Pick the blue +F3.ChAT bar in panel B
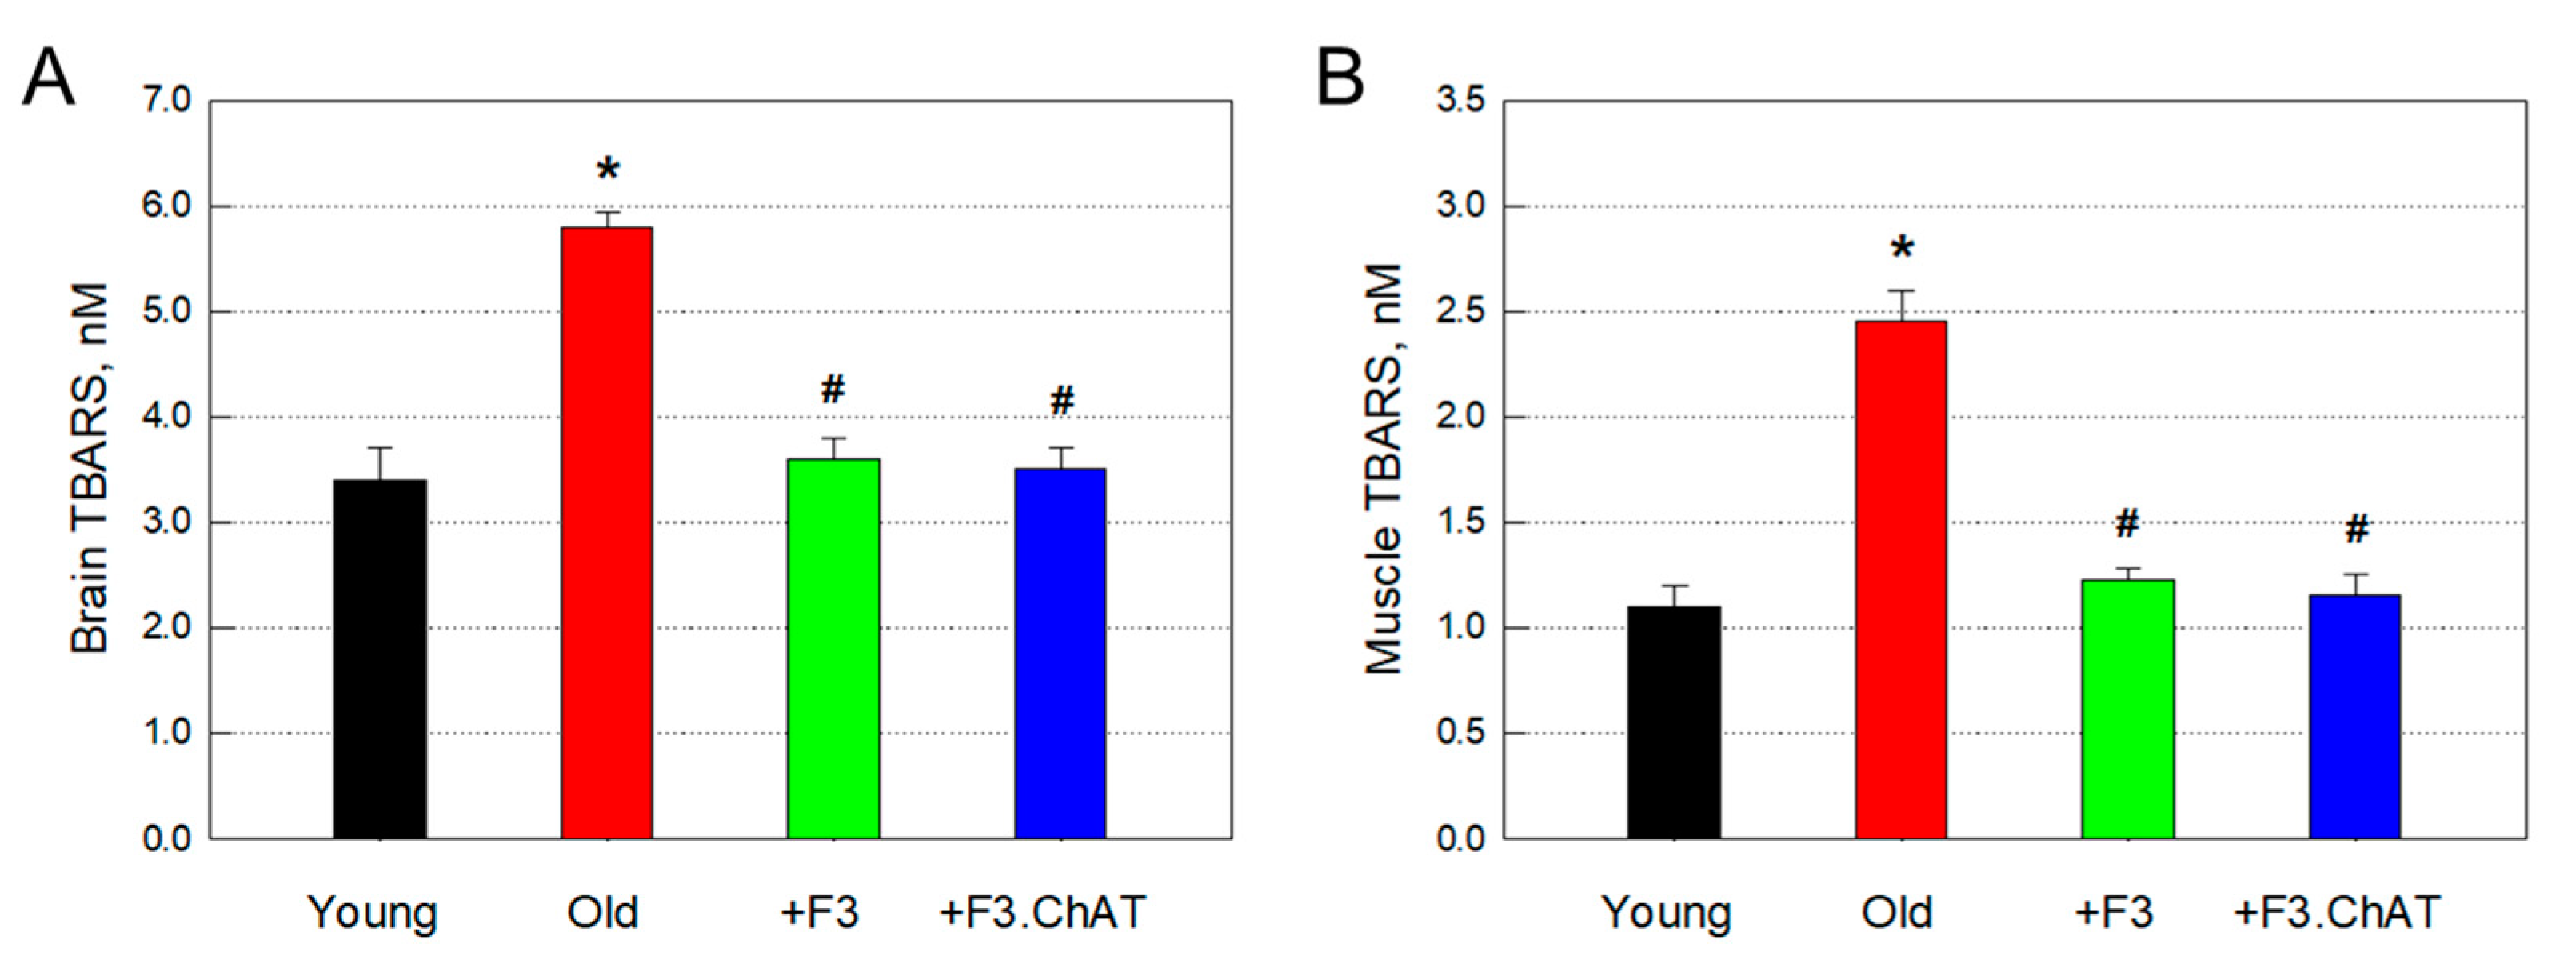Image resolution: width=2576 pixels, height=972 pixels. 2355,716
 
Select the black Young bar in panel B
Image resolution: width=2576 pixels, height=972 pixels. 1674,721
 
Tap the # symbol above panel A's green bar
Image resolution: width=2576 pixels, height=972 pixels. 833,389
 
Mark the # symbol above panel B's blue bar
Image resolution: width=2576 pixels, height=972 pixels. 2357,529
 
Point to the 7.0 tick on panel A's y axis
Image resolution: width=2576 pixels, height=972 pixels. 166,101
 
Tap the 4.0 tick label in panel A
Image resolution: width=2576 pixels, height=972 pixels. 166,417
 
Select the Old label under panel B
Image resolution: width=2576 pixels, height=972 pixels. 1897,912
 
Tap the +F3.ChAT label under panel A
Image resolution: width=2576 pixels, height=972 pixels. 1042,912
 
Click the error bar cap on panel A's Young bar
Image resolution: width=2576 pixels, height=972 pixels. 379,448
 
